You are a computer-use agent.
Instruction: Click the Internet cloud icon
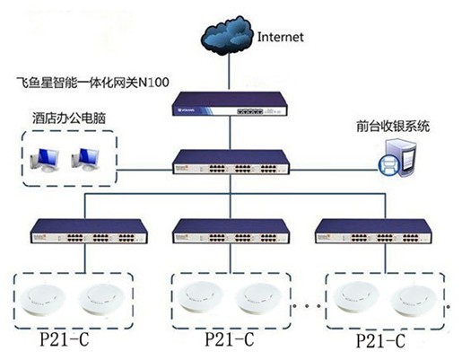coord(226,36)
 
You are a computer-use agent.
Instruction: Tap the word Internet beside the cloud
coord(281,37)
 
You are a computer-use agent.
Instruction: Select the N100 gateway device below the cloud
coord(230,104)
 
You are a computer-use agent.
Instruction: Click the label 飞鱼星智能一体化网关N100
coord(92,82)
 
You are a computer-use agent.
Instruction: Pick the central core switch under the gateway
coord(231,162)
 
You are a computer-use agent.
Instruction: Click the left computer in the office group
coord(45,160)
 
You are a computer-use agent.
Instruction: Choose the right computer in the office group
coord(85,160)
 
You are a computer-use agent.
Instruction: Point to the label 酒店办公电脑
coord(69,119)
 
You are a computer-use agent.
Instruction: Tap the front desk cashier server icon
coord(397,158)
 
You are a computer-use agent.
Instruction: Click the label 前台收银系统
coord(393,126)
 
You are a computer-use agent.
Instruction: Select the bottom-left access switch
coord(89,231)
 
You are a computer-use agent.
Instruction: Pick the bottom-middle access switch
coord(231,231)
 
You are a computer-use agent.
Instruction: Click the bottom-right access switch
coord(374,231)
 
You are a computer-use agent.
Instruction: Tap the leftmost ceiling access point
coord(42,300)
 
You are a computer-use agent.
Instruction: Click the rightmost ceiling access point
coord(414,300)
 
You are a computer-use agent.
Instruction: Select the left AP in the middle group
coord(200,298)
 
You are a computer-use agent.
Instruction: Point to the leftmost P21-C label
coord(65,339)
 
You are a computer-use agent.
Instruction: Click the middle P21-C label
coord(230,339)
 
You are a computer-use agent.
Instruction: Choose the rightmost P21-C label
coord(380,340)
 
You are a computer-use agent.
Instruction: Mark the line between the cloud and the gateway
coord(230,73)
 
